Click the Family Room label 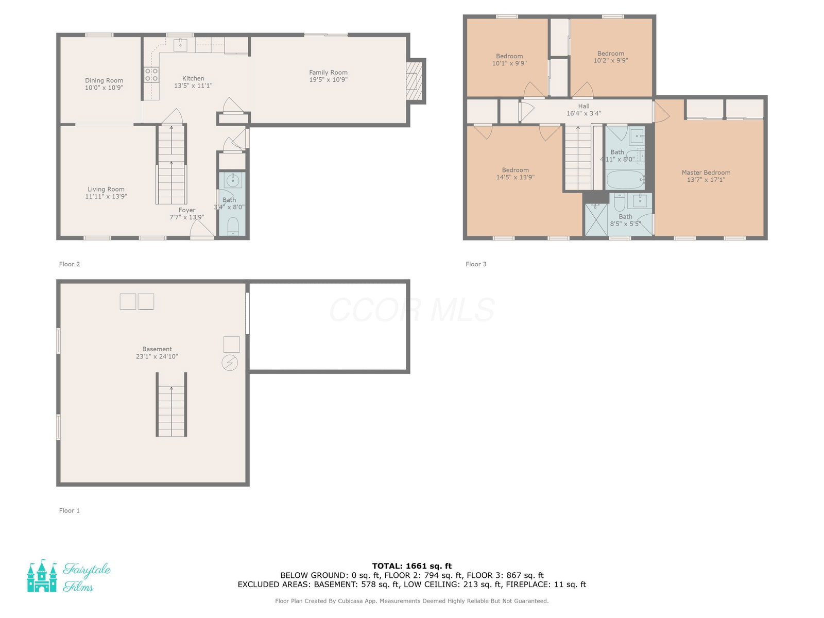[x=328, y=73]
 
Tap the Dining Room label [x=104, y=80]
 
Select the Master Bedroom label [x=706, y=173]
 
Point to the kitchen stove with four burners [x=151, y=74]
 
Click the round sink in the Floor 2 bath [x=233, y=180]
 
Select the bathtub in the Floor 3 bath [x=625, y=180]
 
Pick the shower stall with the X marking [x=596, y=219]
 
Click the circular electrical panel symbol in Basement [x=230, y=363]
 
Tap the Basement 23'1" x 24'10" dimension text [x=157, y=356]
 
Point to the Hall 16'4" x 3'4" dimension [x=583, y=113]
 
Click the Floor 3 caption [x=476, y=264]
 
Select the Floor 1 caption [x=70, y=510]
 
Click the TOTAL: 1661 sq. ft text [x=412, y=566]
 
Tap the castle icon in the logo [x=42, y=576]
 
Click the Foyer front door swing [x=202, y=228]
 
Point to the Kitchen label [x=193, y=78]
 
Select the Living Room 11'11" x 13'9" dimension [x=106, y=196]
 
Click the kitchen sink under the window [x=180, y=45]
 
